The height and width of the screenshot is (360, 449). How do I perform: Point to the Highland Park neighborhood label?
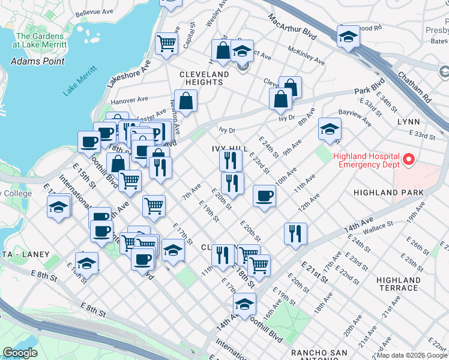pos(388,193)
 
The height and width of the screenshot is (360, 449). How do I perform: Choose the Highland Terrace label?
pos(398,284)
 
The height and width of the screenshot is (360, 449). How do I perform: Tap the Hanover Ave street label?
pos(130,99)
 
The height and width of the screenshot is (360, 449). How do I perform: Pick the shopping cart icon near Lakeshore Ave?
pos(166,43)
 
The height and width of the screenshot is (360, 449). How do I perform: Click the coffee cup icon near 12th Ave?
pos(264,196)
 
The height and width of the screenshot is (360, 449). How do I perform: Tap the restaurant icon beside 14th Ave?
pos(294,233)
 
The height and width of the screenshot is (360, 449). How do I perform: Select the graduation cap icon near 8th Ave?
pos(329,128)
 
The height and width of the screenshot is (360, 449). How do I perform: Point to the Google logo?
pos(20,353)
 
